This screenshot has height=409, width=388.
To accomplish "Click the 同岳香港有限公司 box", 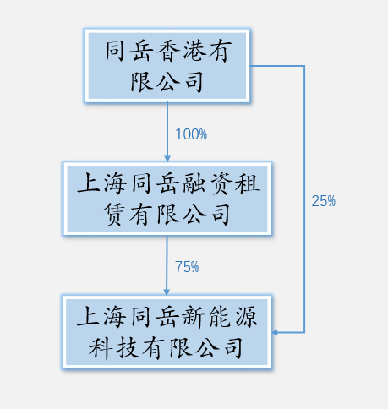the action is pyautogui.click(x=167, y=65).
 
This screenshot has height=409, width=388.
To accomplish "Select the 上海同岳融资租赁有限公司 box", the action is pyautogui.click(x=167, y=199).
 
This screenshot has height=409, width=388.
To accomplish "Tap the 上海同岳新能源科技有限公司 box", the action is pyautogui.click(x=167, y=332).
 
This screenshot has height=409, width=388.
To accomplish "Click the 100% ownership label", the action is pyautogui.click(x=191, y=134).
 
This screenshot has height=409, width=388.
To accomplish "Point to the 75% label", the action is pyautogui.click(x=187, y=267).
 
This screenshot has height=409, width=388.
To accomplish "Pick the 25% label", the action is pyautogui.click(x=324, y=201).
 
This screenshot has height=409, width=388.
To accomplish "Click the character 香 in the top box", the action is pyautogui.click(x=168, y=51).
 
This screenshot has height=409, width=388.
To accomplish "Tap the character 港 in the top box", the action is pyautogui.click(x=194, y=51).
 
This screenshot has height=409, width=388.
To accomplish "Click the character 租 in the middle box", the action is pyautogui.click(x=247, y=183).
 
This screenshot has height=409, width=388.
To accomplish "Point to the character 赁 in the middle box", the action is pyautogui.click(x=113, y=215).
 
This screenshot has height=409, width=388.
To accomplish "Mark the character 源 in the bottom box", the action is pyautogui.click(x=246, y=317).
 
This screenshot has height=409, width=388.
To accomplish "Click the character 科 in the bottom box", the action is pyautogui.click(x=101, y=348).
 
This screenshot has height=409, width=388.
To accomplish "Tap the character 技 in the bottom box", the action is pyautogui.click(x=128, y=348).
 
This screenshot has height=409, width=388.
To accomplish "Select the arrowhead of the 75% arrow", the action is pyautogui.click(x=167, y=292).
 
